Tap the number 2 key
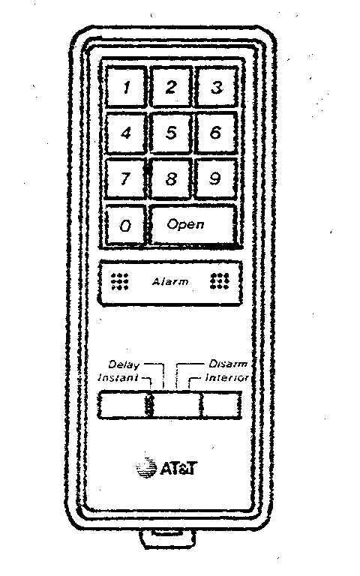(171, 87)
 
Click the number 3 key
(216, 87)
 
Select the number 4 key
(126, 133)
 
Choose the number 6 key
(216, 133)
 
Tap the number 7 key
(126, 178)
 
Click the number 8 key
(171, 178)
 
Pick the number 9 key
(216, 178)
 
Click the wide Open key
(193, 224)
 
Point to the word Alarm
(170, 282)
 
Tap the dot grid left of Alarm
(120, 281)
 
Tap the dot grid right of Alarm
(220, 281)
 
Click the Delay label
(124, 364)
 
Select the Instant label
(118, 378)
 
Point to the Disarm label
(228, 364)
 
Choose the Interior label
(227, 378)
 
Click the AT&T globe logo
(146, 468)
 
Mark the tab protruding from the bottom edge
(167, 538)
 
